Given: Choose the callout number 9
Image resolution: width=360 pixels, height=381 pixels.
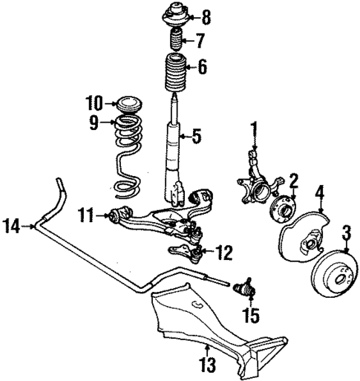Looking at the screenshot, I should (94, 123).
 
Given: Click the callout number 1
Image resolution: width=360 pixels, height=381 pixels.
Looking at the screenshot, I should (253, 131).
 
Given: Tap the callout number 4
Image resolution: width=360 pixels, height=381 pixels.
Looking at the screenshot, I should (320, 196).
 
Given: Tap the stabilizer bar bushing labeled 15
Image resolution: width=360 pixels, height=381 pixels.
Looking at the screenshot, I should (243, 287).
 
